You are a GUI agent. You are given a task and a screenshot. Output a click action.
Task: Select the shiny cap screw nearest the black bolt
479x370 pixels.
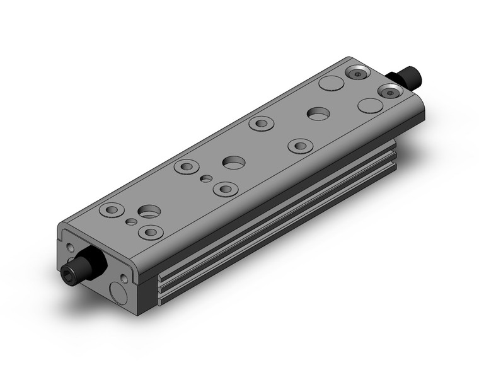coord(391,91)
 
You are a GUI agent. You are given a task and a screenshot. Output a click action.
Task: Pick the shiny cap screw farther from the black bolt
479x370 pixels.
coord(357,74)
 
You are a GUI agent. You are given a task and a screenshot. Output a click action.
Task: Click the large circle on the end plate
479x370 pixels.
coord(117,290)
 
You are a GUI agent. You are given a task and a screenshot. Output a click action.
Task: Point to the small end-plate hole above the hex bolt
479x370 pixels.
coord(69,247)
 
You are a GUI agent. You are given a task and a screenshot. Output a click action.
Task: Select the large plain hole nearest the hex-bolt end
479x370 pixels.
coord(150,212)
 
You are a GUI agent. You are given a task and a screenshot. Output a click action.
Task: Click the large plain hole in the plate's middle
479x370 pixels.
coord(234,162)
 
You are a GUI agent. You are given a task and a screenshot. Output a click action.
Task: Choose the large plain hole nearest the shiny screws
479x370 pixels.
coord(318,113)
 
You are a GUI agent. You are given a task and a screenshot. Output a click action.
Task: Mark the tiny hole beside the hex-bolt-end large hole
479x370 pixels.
coord(130,222)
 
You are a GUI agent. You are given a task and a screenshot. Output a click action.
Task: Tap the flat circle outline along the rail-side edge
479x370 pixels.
coord(369,105)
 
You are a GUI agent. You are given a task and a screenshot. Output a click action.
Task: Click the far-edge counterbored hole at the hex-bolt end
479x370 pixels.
coord(112,209)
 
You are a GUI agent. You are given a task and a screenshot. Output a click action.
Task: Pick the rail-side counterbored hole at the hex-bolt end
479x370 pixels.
coord(151,233)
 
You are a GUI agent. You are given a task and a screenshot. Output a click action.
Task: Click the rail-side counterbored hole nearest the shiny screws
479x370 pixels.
coord(300,146)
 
